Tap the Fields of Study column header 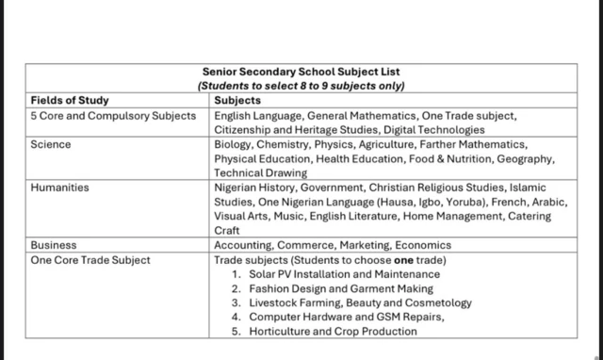click(70, 100)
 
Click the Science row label click(51, 145)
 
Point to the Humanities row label click(60, 188)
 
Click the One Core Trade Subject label click(90, 259)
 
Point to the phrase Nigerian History click(254, 188)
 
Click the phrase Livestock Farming click(295, 303)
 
